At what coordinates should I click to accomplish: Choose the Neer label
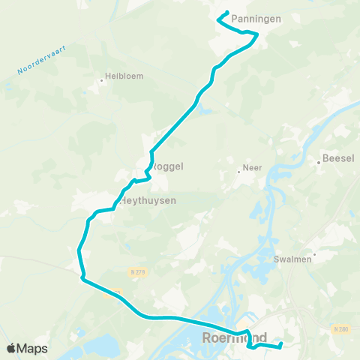252,168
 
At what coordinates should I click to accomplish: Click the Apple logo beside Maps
11,348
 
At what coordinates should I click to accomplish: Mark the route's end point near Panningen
227,12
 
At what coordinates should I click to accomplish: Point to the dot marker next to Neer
238,172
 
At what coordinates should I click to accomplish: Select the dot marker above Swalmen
314,254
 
